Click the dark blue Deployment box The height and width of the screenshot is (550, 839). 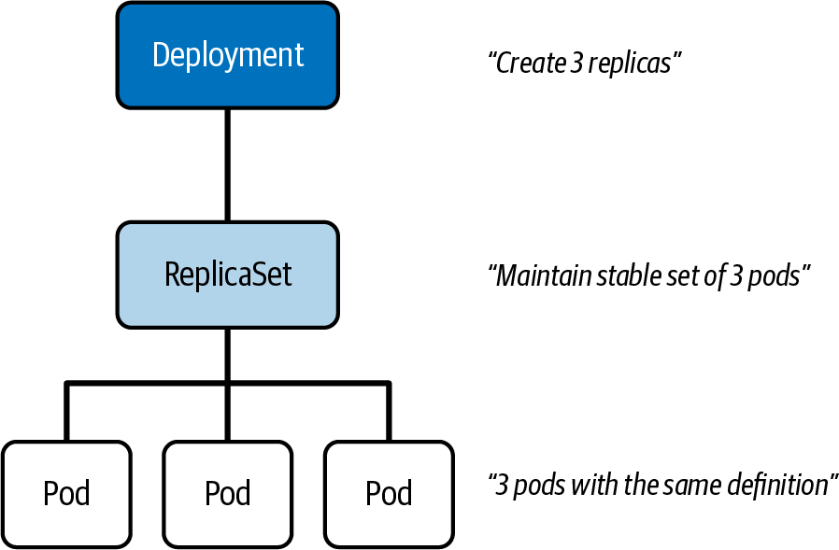point(228,54)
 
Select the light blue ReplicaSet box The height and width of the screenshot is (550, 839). point(228,274)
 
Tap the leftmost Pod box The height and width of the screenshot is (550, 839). point(66,492)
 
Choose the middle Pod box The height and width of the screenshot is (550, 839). point(228,492)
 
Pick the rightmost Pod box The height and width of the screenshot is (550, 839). point(389,492)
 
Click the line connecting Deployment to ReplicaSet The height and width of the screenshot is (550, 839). point(228,163)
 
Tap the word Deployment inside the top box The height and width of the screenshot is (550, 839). point(228,54)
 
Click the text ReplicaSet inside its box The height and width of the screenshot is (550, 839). point(228,274)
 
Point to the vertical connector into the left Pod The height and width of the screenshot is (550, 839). point(66,411)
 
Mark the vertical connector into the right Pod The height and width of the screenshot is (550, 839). point(389,411)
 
